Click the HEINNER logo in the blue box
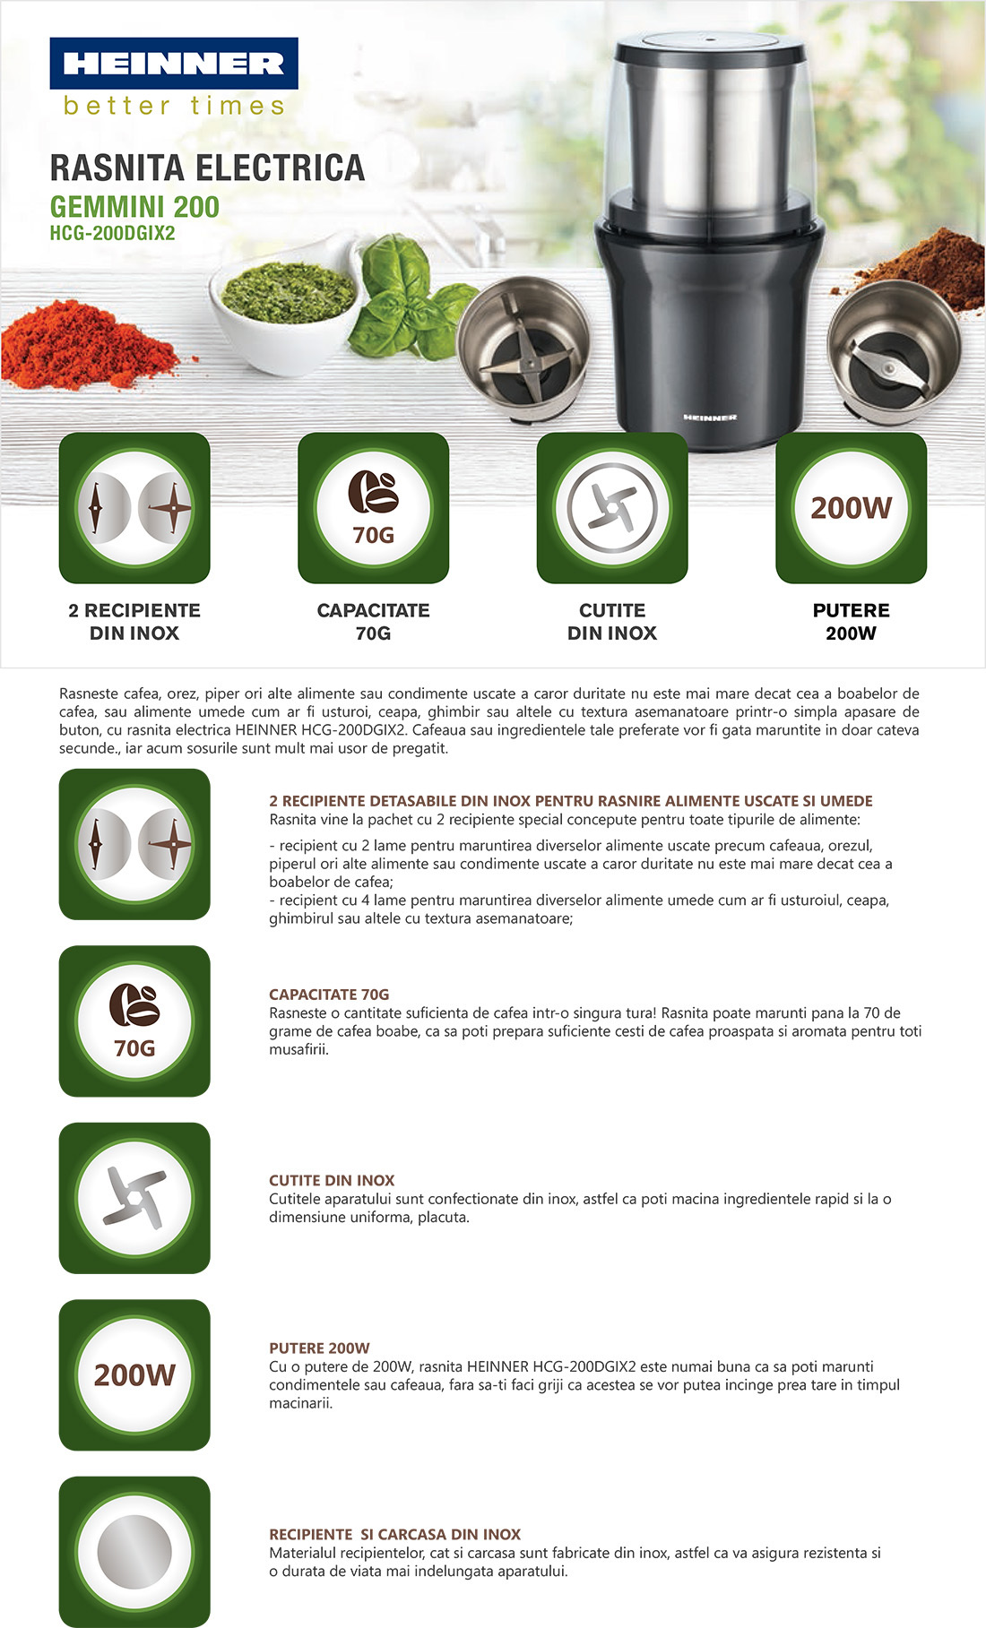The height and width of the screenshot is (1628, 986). click(174, 63)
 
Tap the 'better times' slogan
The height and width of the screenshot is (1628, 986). click(175, 106)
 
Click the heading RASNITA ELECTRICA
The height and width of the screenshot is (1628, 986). click(207, 168)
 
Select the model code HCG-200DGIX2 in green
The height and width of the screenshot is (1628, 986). click(112, 233)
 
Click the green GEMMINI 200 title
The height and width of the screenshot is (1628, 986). click(134, 207)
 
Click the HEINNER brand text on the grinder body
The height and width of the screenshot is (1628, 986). click(710, 418)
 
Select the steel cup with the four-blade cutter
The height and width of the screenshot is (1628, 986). click(523, 349)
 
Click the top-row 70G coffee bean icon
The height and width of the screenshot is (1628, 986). click(374, 508)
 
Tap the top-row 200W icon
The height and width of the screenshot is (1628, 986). click(852, 508)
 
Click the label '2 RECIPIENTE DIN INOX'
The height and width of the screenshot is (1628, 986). click(134, 622)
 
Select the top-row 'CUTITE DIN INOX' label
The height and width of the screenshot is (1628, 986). click(612, 622)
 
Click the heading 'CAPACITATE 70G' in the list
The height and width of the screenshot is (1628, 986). click(329, 995)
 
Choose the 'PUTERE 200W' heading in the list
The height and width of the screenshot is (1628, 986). click(319, 1348)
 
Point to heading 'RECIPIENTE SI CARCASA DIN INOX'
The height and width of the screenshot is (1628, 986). click(394, 1535)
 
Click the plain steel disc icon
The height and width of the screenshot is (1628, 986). click(134, 1553)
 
